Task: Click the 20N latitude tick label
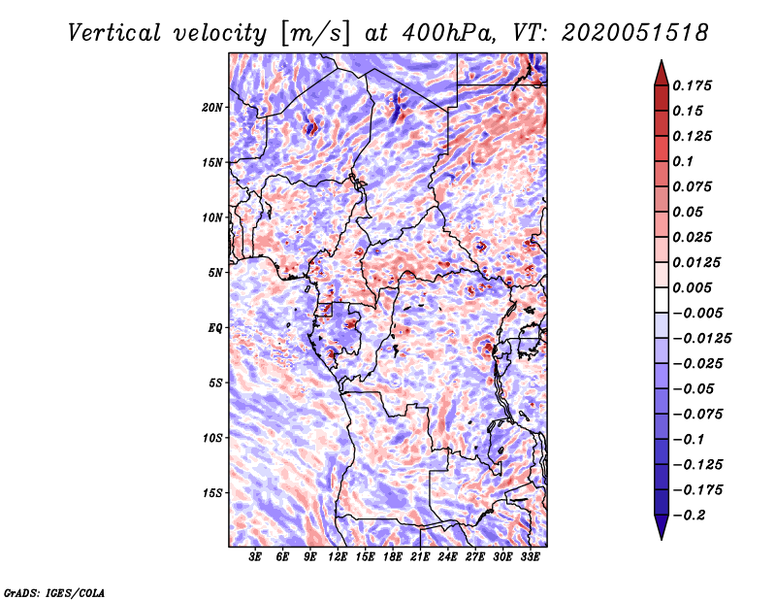pos(212,107)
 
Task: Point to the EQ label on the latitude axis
pos(214,327)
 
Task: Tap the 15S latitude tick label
pos(212,492)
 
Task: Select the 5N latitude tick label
pos(215,272)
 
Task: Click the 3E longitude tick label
pos(256,557)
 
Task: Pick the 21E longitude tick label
pos(420,557)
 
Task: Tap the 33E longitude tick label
pos(530,557)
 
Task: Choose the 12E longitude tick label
pos(338,557)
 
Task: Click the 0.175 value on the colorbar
pos(693,85)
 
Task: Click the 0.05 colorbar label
pos(688,212)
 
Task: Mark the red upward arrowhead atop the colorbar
pos(661,70)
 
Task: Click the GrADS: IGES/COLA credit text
pos(53,591)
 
